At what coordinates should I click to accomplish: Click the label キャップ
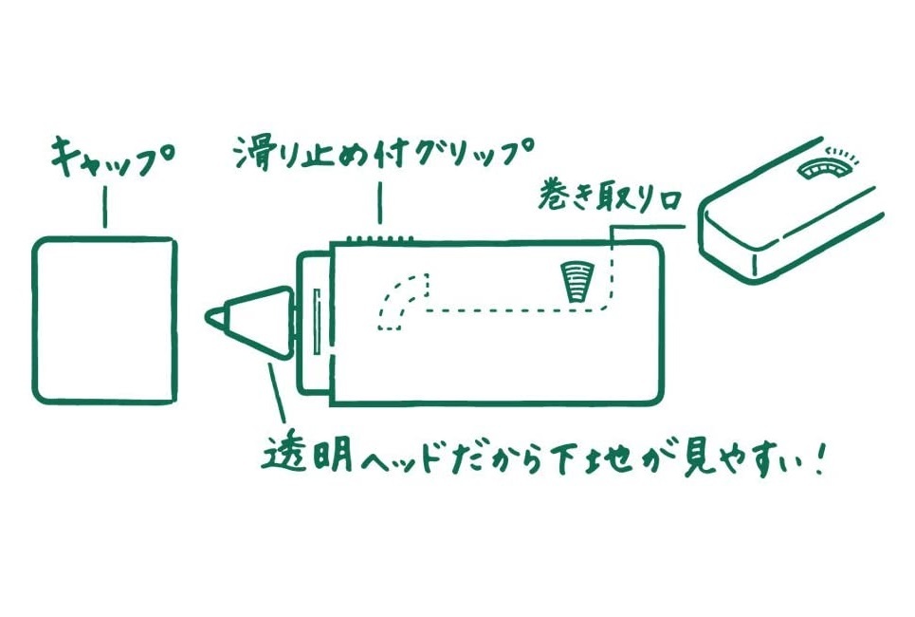coord(104,159)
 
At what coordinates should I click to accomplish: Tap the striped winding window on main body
coord(575,282)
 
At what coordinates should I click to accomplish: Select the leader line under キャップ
coord(104,207)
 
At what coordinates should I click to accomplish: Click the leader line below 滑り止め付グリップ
coord(380,203)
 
